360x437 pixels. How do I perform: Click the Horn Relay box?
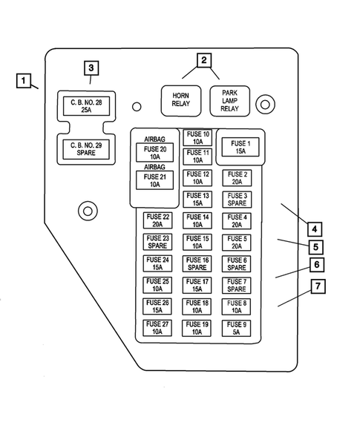pos(181,99)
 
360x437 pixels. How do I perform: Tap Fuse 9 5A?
pos(238,329)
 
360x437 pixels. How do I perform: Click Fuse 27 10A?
pos(157,329)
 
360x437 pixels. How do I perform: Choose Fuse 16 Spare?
pos(197,263)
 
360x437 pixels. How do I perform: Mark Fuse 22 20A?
pos(157,220)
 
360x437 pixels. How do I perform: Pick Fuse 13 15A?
pos(197,199)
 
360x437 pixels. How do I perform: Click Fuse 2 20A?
pos(238,178)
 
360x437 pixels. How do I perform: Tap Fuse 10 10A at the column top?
pos(197,137)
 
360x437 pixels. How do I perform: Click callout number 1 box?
pos(24,80)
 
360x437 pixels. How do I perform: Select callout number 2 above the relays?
pos(203,61)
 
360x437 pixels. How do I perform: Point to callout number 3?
pos(91,68)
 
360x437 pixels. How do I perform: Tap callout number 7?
pos(317,286)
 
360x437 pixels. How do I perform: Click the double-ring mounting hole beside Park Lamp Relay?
pos(263,105)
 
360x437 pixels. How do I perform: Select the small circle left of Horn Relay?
pos(137,107)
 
